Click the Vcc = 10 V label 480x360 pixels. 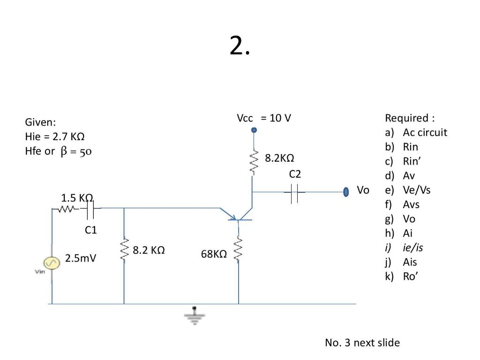(x=264, y=118)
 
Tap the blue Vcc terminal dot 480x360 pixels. (x=254, y=130)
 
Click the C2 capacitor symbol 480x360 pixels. (x=295, y=192)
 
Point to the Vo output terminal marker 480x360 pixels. (x=346, y=191)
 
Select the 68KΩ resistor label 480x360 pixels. (x=214, y=254)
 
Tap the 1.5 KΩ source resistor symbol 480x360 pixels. (x=66, y=210)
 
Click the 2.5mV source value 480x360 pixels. (x=81, y=258)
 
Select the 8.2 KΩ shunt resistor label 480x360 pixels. (x=149, y=250)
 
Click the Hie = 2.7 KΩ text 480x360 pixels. (x=54, y=137)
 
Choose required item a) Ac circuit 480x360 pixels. (x=416, y=132)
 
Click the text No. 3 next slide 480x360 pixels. (x=362, y=343)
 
